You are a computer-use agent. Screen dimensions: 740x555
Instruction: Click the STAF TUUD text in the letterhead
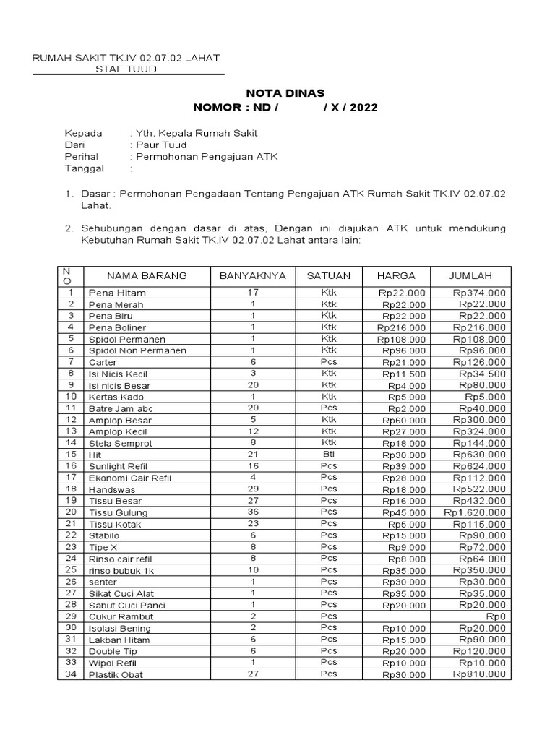tap(126, 69)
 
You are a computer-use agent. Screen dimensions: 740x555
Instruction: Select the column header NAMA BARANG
tap(147, 275)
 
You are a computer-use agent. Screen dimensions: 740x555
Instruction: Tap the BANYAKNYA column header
tap(253, 275)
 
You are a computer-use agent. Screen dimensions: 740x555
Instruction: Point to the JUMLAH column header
tap(470, 275)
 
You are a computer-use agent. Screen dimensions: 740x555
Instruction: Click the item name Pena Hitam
tap(117, 293)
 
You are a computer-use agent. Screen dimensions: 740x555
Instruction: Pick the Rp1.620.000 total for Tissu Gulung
tap(475, 512)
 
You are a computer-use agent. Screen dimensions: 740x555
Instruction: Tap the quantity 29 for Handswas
tap(253, 489)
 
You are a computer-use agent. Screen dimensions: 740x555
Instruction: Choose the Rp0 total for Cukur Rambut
tap(495, 616)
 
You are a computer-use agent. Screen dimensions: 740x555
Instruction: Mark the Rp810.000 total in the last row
tap(479, 674)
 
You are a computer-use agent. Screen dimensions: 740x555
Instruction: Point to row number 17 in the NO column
tap(71, 477)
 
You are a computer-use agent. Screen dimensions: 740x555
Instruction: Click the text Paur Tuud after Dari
tap(159, 145)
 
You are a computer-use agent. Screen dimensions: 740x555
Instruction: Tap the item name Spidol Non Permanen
tap(137, 350)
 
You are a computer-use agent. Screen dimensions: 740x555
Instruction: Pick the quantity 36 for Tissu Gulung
tap(253, 512)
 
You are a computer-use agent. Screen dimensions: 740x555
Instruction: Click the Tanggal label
tap(85, 168)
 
